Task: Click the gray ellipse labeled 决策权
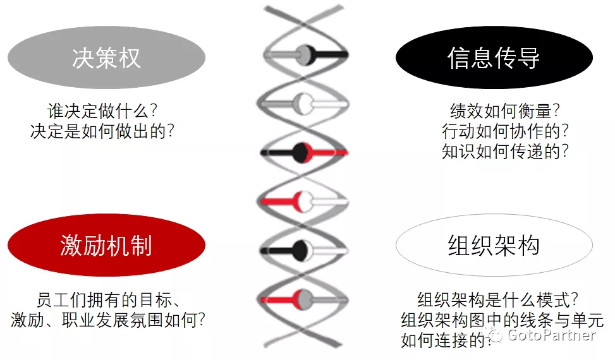106,58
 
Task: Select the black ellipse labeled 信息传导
494,58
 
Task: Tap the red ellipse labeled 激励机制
106,245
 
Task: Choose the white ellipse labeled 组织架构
494,245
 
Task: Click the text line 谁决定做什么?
102,111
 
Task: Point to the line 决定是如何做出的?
102,131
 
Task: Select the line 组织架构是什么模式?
499,299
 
